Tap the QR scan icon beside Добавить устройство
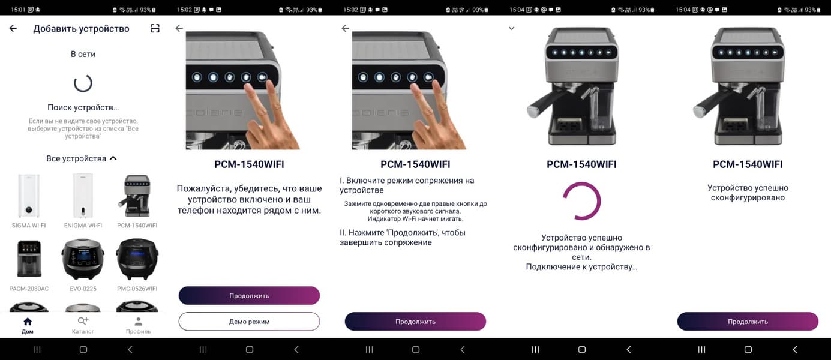pyautogui.click(x=155, y=28)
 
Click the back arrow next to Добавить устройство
pyautogui.click(x=13, y=28)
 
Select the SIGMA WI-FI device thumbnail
pyautogui.click(x=29, y=196)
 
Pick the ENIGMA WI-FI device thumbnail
pyautogui.click(x=83, y=196)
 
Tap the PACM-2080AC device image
pyautogui.click(x=29, y=259)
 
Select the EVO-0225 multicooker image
pyautogui.click(x=83, y=259)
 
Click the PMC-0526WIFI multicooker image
pyautogui.click(x=137, y=259)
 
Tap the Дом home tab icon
pyautogui.click(x=28, y=322)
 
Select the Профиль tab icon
pyautogui.click(x=138, y=322)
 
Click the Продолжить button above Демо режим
pyautogui.click(x=249, y=295)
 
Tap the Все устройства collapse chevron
pyautogui.click(x=113, y=158)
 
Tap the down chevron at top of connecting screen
pyautogui.click(x=511, y=28)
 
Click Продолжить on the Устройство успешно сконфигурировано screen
pyautogui.click(x=748, y=322)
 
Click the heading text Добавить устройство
pyautogui.click(x=81, y=29)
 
